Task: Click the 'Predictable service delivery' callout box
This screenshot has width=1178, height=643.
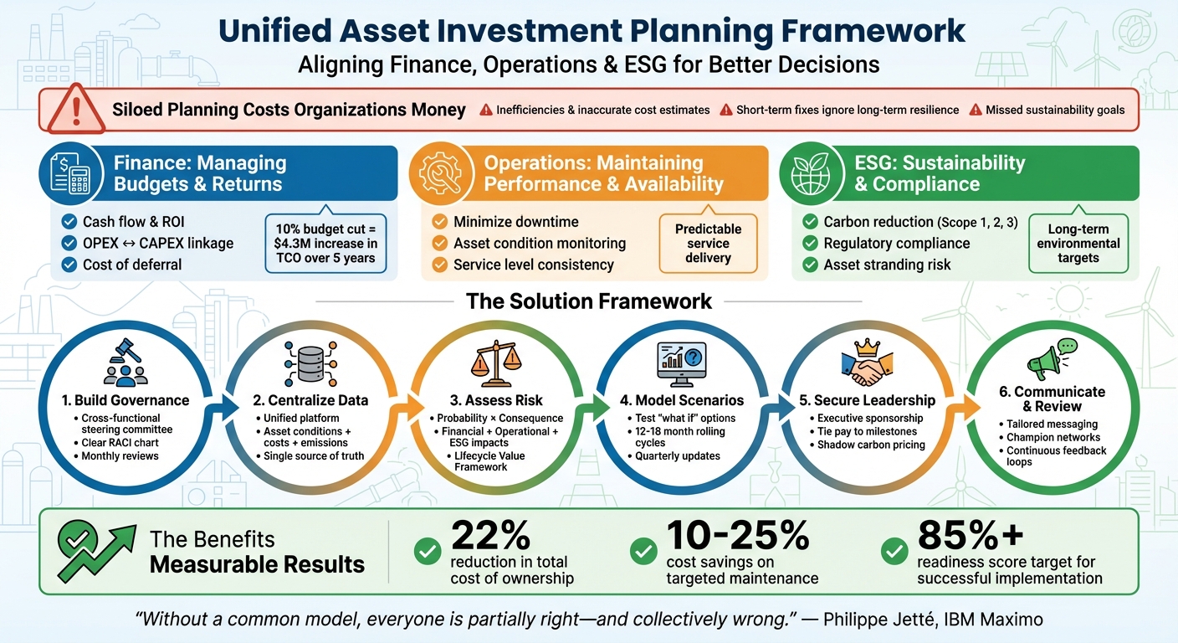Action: (x=708, y=244)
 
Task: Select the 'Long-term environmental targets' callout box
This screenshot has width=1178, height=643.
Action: (x=1078, y=244)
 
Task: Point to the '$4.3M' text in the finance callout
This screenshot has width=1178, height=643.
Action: (x=296, y=244)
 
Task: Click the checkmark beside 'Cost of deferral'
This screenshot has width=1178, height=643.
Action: (x=69, y=265)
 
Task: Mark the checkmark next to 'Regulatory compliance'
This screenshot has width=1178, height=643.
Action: (x=810, y=244)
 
